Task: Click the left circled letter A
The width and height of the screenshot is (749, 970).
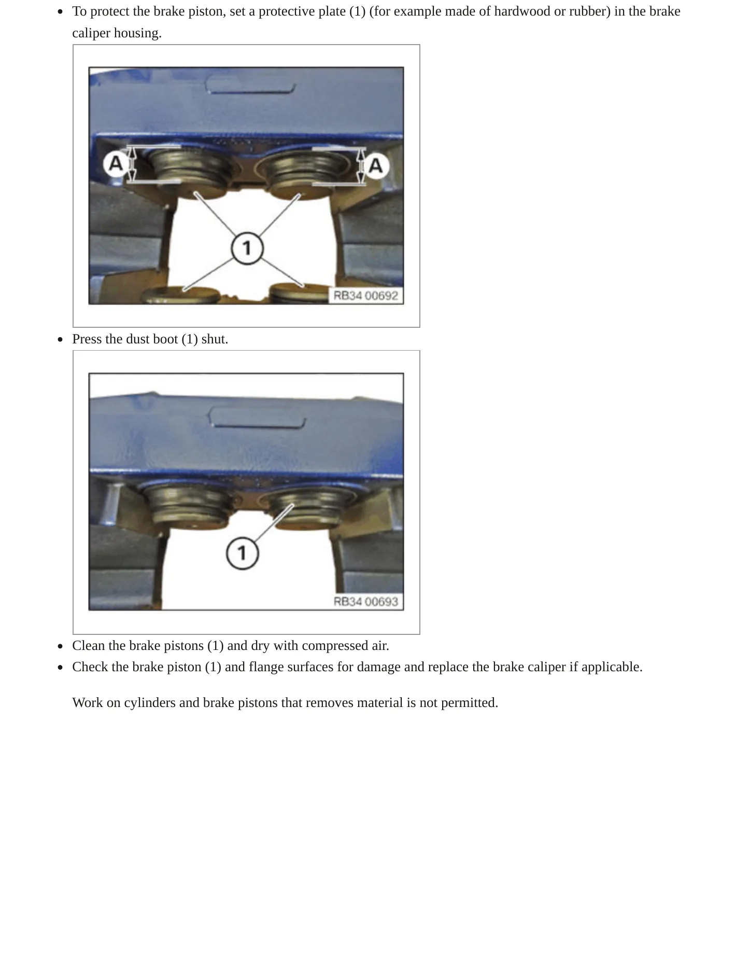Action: pos(116,164)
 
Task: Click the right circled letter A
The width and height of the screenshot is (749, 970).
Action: pos(376,166)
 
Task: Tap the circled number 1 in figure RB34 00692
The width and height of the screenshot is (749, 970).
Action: pos(247,248)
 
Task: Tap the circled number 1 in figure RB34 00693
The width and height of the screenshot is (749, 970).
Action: pos(242,553)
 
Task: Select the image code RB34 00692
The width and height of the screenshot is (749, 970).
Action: pos(365,296)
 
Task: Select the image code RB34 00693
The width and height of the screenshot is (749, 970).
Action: pos(365,601)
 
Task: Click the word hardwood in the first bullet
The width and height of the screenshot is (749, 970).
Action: pos(522,11)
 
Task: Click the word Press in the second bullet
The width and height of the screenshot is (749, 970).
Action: pos(87,339)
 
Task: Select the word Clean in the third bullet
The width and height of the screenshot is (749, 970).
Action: pos(88,646)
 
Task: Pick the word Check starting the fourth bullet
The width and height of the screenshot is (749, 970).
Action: pos(90,667)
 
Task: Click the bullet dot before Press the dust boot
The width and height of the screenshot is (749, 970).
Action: pos(61,340)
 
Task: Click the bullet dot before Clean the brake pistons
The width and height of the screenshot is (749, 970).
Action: pos(61,646)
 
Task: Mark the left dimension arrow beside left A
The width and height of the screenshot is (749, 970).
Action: pos(132,164)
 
